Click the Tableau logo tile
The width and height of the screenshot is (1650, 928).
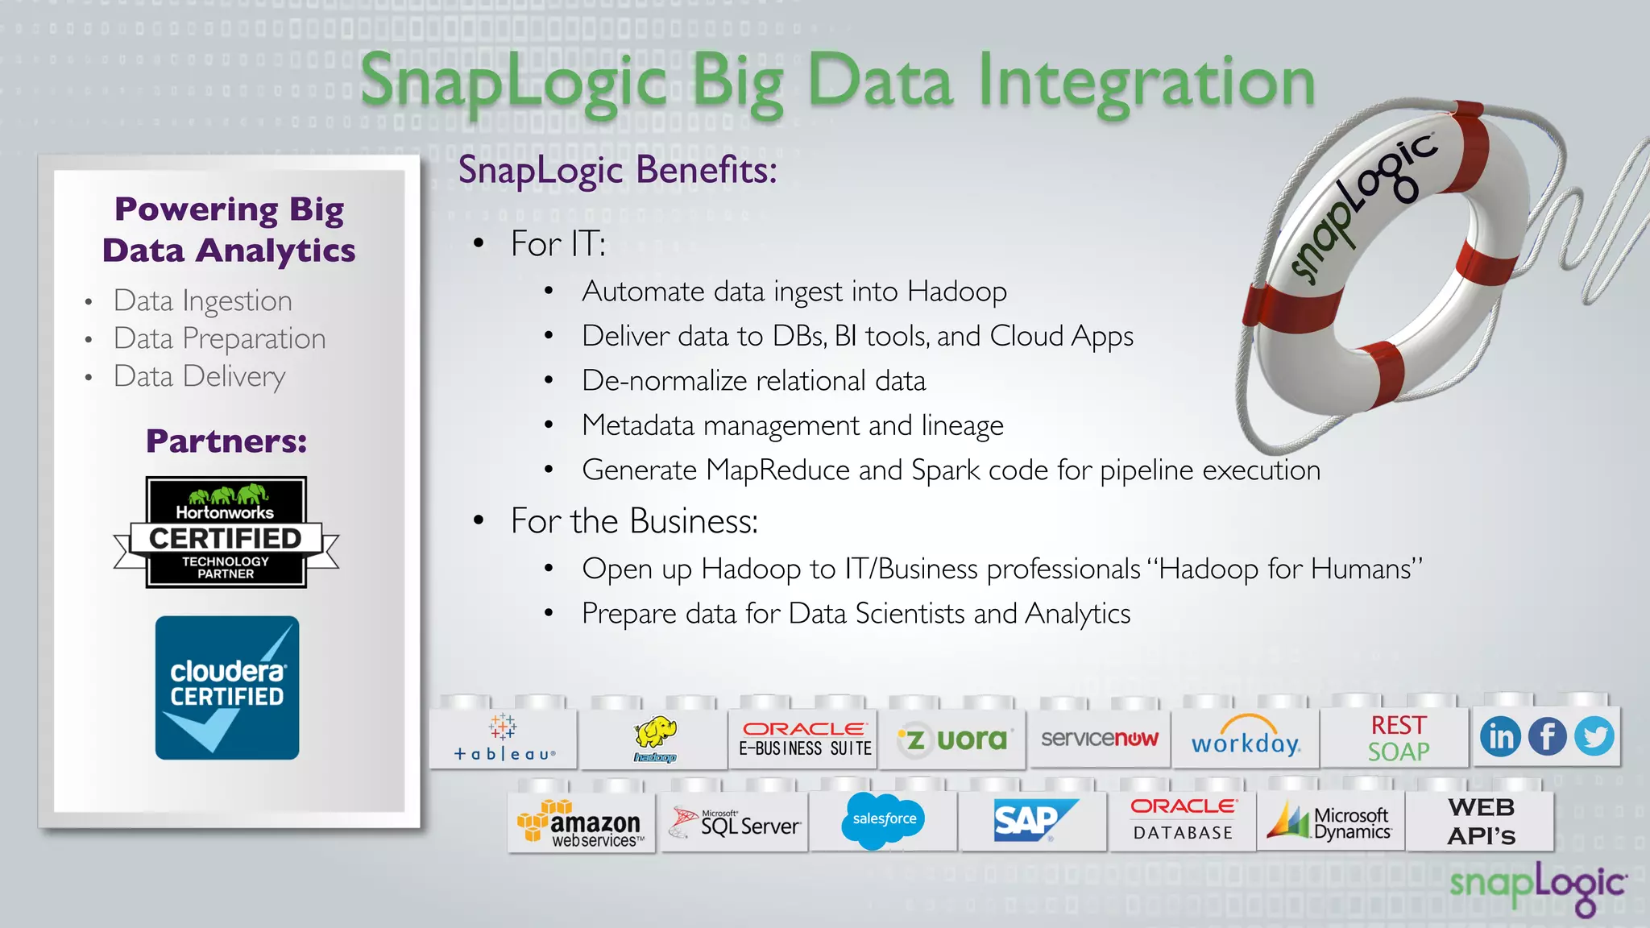click(x=504, y=738)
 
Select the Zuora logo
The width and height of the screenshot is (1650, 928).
click(x=953, y=739)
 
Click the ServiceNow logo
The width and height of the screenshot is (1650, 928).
click(x=1099, y=738)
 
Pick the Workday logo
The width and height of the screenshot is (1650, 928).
click(x=1246, y=737)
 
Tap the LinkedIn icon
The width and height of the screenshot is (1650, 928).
click(x=1500, y=736)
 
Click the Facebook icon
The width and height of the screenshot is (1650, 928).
click(x=1547, y=736)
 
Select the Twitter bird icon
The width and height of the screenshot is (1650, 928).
click(x=1594, y=736)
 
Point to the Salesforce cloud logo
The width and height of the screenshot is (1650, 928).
click(x=884, y=820)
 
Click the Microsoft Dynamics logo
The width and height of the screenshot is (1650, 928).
click(x=1330, y=822)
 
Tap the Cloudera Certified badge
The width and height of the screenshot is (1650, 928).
click(x=227, y=687)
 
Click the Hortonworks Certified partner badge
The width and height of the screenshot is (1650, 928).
click(x=226, y=532)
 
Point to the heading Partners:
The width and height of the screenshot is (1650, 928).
click(x=226, y=441)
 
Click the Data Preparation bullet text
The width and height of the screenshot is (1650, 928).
click(x=219, y=338)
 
